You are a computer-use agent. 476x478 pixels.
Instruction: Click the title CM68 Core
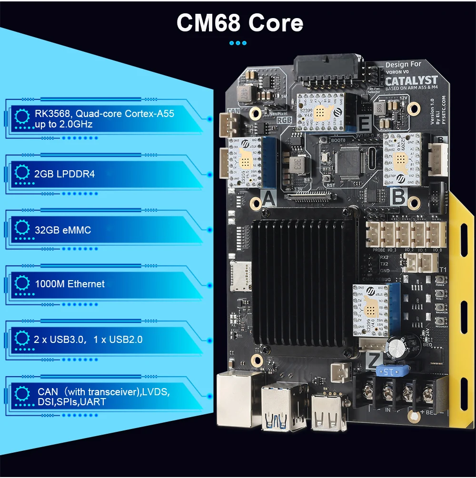pos(239,22)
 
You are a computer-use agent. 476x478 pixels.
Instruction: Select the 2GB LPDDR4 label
pos(65,174)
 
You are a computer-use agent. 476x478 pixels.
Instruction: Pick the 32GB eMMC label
pos(63,230)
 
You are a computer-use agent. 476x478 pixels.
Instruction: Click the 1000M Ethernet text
pos(69,284)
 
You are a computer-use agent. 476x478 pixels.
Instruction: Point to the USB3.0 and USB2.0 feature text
pos(89,340)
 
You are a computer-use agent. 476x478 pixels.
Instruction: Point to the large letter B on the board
pos(398,196)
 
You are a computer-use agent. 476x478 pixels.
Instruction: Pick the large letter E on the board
pos(365,125)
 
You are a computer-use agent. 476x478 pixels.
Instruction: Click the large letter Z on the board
pos(374,361)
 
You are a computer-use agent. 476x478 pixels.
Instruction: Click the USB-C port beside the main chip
pos(372,162)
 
